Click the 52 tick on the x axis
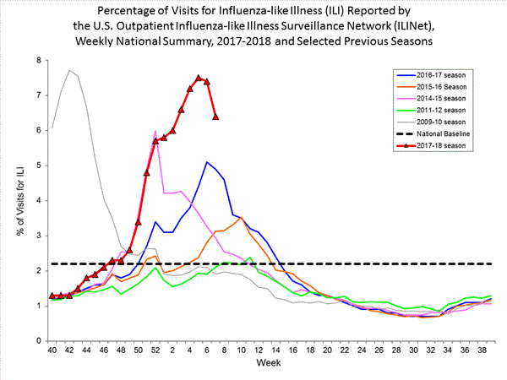pyautogui.click(x=155, y=349)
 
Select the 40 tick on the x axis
pyautogui.click(x=52, y=349)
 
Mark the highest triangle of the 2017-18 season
pyautogui.click(x=199, y=78)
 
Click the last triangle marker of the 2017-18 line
pyautogui.click(x=215, y=117)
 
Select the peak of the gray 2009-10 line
pyautogui.click(x=69, y=70)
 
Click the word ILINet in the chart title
pyautogui.click(x=374, y=27)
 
